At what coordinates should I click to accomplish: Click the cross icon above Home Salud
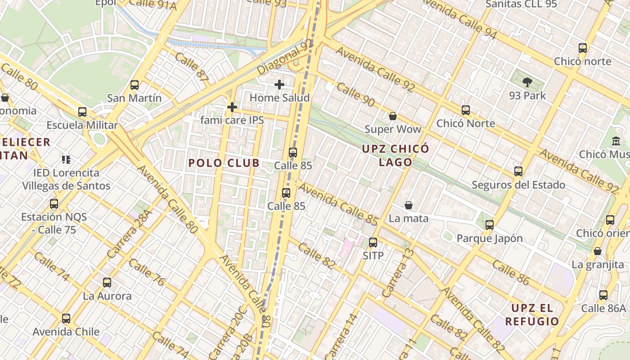279,84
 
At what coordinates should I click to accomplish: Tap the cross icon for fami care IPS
232,107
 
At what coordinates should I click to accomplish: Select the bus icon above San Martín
135,85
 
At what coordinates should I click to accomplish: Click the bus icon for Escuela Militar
82,112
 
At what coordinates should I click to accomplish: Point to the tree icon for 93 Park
527,82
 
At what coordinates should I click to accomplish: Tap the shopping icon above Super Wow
393,116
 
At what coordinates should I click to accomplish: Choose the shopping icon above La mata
409,205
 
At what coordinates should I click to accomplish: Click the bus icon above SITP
373,243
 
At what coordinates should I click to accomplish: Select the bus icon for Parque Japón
490,225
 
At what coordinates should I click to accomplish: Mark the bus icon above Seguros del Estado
518,171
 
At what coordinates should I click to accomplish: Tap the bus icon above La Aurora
107,283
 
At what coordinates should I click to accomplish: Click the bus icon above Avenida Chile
66,319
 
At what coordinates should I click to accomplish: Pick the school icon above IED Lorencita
67,159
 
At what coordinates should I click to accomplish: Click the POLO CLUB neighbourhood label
224,163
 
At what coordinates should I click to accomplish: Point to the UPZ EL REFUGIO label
532,315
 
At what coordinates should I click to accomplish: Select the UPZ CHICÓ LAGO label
396,155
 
